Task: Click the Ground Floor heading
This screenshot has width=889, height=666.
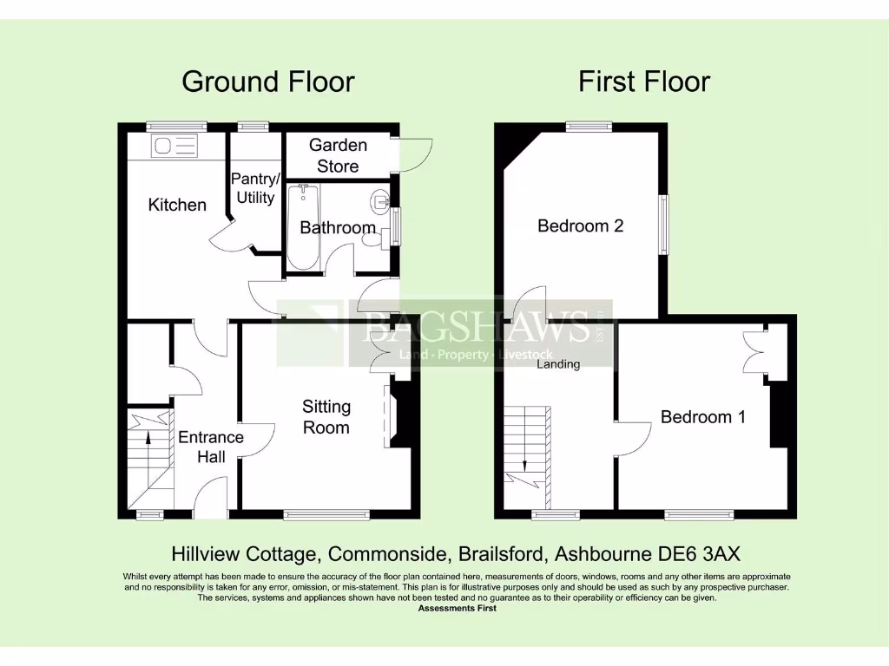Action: (267, 82)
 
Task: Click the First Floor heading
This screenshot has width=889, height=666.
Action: (644, 82)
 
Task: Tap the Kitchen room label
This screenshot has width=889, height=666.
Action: (177, 206)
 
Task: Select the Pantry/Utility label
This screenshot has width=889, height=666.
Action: (255, 188)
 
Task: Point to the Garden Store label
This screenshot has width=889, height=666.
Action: (338, 155)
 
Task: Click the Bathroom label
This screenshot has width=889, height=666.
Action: (337, 228)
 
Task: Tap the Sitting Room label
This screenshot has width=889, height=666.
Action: (326, 416)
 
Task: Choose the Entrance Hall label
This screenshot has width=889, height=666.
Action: (211, 447)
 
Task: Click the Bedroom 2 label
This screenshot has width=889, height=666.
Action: (580, 226)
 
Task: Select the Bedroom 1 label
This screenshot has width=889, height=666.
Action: (702, 417)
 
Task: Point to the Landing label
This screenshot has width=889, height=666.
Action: (557, 364)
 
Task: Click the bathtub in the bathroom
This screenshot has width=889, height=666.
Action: (303, 227)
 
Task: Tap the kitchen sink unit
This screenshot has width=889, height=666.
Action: (175, 146)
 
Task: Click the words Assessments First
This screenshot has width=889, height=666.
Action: (457, 609)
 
